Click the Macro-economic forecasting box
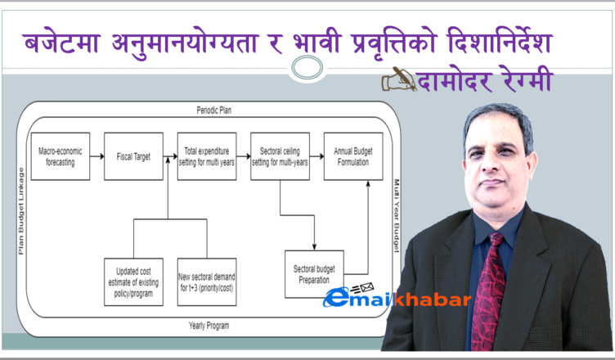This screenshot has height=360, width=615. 61,156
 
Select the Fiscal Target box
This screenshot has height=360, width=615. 133,156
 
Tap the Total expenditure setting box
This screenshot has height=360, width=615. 207,156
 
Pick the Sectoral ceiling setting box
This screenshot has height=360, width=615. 280,156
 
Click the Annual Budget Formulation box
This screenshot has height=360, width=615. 353,156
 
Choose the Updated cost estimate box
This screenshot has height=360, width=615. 133,282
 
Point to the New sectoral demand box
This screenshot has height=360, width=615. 207,282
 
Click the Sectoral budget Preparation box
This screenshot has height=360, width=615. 314,274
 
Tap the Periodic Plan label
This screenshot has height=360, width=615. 213,110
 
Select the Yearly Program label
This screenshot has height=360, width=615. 209,326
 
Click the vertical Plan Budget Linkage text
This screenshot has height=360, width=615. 21,211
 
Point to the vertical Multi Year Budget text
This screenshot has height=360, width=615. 397,215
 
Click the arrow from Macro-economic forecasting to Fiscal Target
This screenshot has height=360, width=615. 97,156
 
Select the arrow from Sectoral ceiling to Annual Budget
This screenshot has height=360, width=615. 317,156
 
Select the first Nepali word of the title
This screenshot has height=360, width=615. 61,43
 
